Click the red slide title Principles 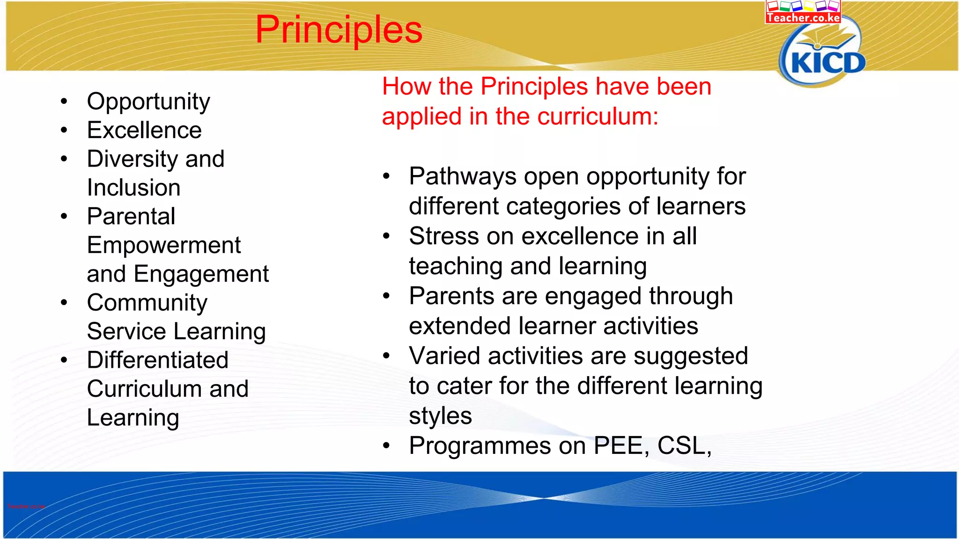[x=339, y=30]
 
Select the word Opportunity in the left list [x=148, y=102]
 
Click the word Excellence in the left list [x=144, y=130]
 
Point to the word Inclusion [x=134, y=188]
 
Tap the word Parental [x=131, y=216]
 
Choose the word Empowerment [x=164, y=245]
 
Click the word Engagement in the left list [x=201, y=275]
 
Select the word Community [x=147, y=303]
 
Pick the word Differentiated [x=158, y=360]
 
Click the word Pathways [x=463, y=177]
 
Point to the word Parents [x=451, y=296]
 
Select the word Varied [x=444, y=356]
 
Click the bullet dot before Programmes [x=386, y=445]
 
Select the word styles [x=440, y=416]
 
